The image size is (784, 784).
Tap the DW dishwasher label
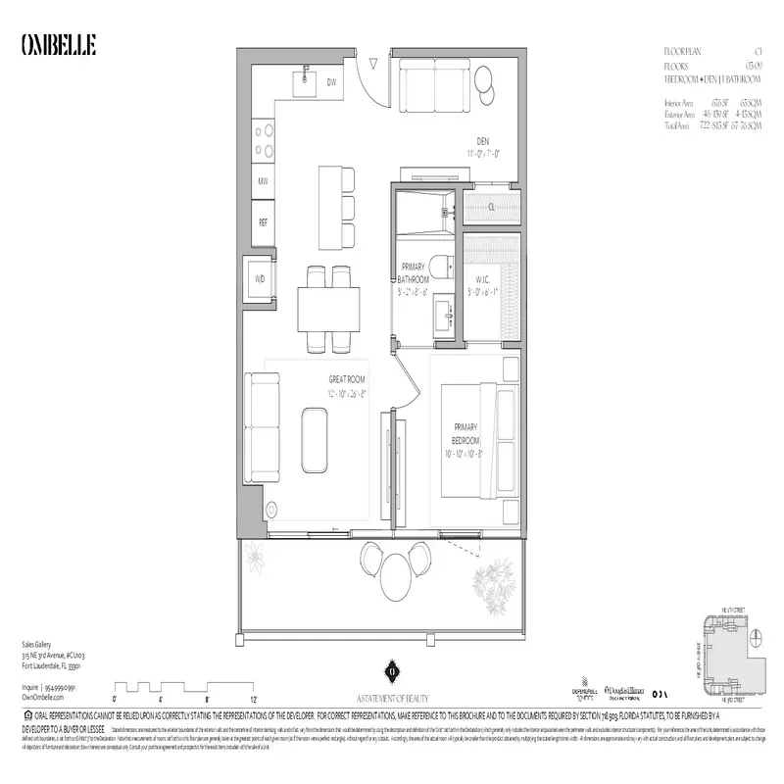coord(331,82)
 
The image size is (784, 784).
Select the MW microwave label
coord(263,181)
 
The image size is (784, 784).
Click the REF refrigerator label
coord(263,222)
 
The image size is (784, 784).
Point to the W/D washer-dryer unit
coord(260,279)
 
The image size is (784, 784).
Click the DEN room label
coord(482,140)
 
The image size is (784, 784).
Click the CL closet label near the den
coord(490,207)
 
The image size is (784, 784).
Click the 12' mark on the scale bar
coord(253,698)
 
